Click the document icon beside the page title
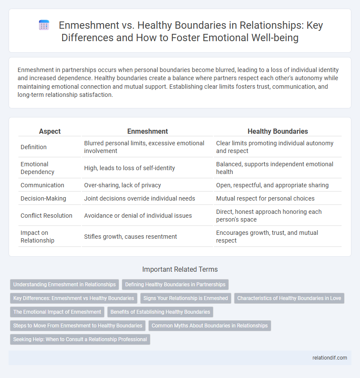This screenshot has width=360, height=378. [x=44, y=25]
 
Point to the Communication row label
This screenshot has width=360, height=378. [x=42, y=185]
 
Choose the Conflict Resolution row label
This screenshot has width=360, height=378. [x=46, y=215]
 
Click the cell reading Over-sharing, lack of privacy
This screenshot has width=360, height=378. [x=122, y=185]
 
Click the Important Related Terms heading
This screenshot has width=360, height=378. [x=180, y=269]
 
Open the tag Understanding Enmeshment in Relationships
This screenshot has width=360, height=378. [x=64, y=284]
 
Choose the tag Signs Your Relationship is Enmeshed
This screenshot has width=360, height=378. [x=186, y=298]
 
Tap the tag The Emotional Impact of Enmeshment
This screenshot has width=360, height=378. [x=57, y=312]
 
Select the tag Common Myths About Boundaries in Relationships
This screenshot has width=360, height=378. [x=210, y=325]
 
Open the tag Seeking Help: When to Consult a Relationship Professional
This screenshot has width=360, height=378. [x=80, y=339]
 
